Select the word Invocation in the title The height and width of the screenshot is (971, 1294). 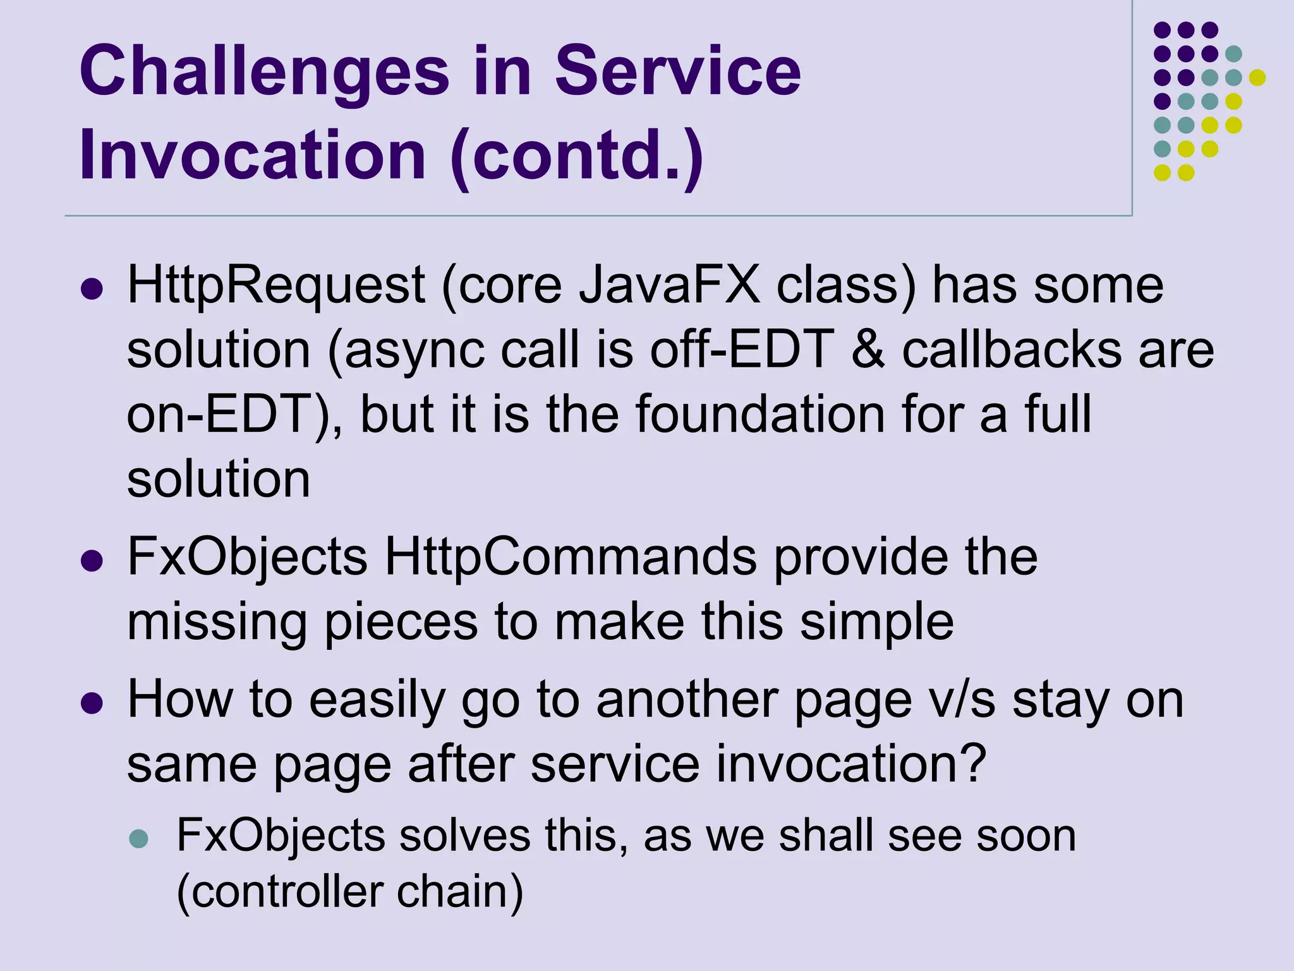tap(253, 154)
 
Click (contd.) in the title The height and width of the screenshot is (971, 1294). tap(577, 156)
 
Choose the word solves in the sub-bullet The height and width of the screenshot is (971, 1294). tap(466, 835)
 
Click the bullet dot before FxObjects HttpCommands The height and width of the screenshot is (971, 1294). tap(92, 561)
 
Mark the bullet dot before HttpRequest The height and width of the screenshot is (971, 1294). tap(92, 289)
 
